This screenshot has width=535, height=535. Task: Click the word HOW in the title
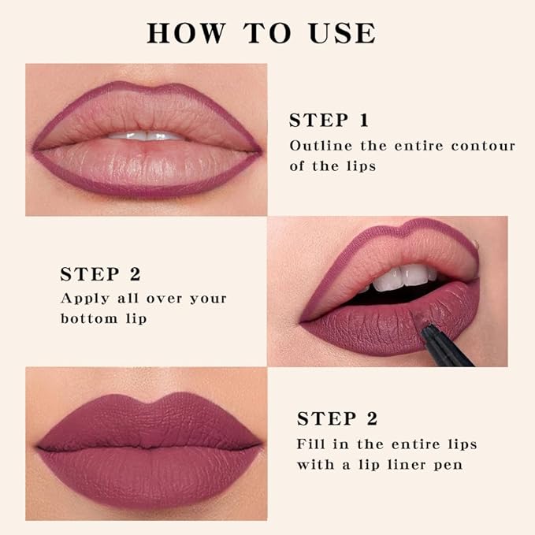(179, 33)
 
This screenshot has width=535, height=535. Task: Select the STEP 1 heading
(329, 121)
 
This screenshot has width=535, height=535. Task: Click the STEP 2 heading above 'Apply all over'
(100, 274)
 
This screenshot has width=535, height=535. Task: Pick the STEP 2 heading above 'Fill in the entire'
(336, 418)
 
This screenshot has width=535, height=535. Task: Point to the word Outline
(316, 146)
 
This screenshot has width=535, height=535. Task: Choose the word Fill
(310, 444)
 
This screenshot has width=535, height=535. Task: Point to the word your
(208, 299)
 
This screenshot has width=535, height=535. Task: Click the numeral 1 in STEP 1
(363, 121)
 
